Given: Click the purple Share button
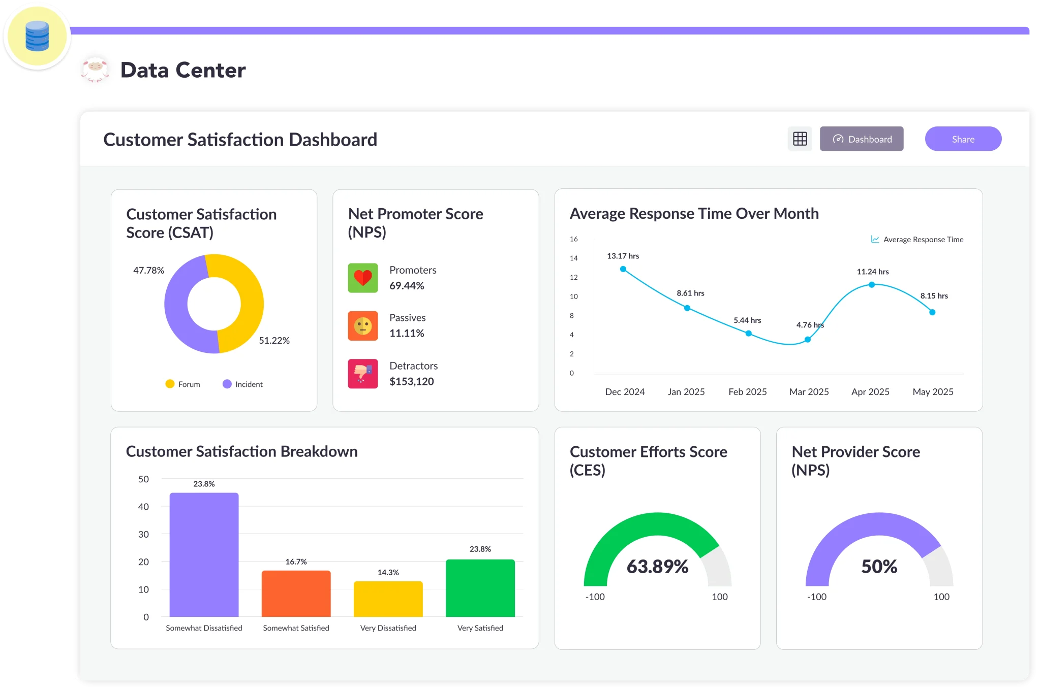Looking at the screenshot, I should [x=963, y=139].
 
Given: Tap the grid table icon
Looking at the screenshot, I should [x=800, y=139].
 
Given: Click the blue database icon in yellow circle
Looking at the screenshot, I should [x=37, y=37].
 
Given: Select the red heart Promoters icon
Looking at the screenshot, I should [x=363, y=278].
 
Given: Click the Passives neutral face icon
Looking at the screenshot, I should [x=363, y=325].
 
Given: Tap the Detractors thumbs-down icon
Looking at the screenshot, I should [x=363, y=374].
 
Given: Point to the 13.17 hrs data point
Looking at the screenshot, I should [x=623, y=269].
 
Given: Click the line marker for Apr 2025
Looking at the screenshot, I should [x=872, y=285].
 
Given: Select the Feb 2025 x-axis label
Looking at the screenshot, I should [x=747, y=392].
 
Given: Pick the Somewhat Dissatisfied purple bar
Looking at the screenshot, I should [x=204, y=554].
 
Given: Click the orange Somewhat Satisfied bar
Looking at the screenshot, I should [x=296, y=594].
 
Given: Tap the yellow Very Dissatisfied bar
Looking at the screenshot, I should [x=388, y=599].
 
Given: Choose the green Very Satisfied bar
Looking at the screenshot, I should [x=480, y=588].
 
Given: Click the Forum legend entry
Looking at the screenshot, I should [x=183, y=384].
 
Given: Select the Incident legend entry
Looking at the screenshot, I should [x=243, y=384].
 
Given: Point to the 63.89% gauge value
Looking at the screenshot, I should [x=657, y=567].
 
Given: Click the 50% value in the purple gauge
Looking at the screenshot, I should [x=879, y=567].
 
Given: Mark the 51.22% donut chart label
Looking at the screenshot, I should [x=274, y=341].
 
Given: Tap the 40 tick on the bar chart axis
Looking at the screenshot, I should [x=143, y=507].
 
